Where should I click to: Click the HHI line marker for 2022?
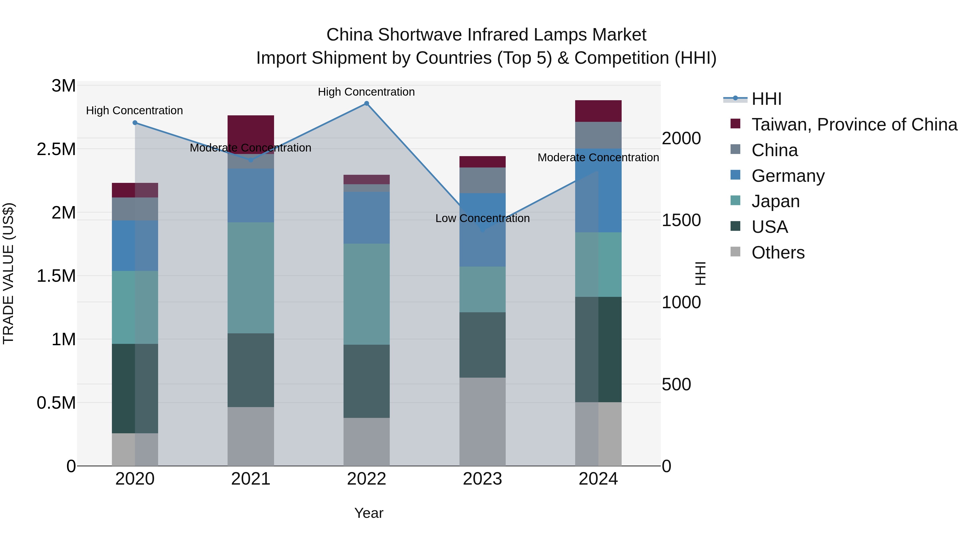point(366,103)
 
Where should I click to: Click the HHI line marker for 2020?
point(135,123)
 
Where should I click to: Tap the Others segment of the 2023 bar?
point(482,422)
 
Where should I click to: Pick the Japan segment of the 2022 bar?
point(366,294)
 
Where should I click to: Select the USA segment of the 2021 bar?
point(251,370)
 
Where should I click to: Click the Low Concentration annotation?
point(482,218)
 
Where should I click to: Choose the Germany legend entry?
point(788,176)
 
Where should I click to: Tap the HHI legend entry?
point(766,99)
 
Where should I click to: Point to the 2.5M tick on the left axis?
point(56,149)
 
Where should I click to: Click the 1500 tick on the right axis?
point(681,220)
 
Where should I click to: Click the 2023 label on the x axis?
point(482,479)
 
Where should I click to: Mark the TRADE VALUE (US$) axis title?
point(8,273)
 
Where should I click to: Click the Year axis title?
point(369,513)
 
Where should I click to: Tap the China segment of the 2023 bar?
point(482,180)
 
